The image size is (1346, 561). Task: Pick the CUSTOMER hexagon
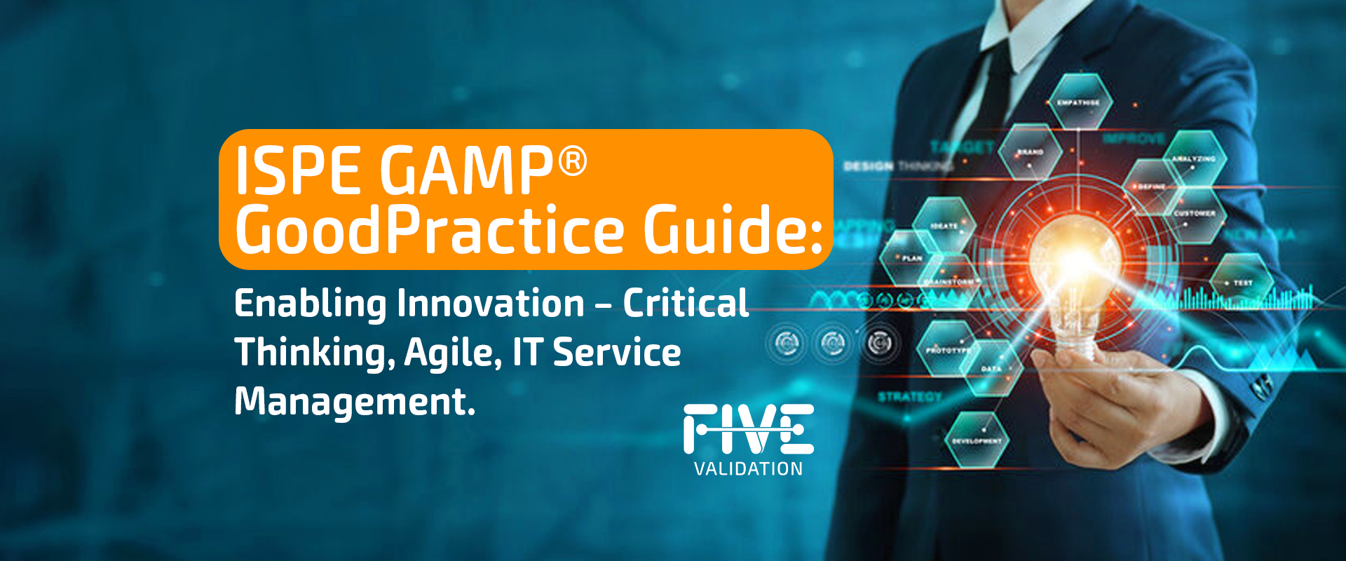click(x=1195, y=215)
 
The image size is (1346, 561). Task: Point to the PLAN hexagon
click(x=910, y=258)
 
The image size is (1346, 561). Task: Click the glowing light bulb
click(x=1076, y=280)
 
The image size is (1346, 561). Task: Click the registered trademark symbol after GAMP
click(x=572, y=161)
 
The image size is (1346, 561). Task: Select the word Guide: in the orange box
click(x=733, y=229)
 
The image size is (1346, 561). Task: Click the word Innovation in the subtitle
click(x=491, y=304)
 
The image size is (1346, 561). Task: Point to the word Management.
click(x=354, y=402)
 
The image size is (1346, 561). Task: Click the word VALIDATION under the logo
click(x=748, y=469)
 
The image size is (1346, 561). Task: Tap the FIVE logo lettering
click(x=748, y=428)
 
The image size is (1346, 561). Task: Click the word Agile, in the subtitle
click(x=453, y=353)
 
